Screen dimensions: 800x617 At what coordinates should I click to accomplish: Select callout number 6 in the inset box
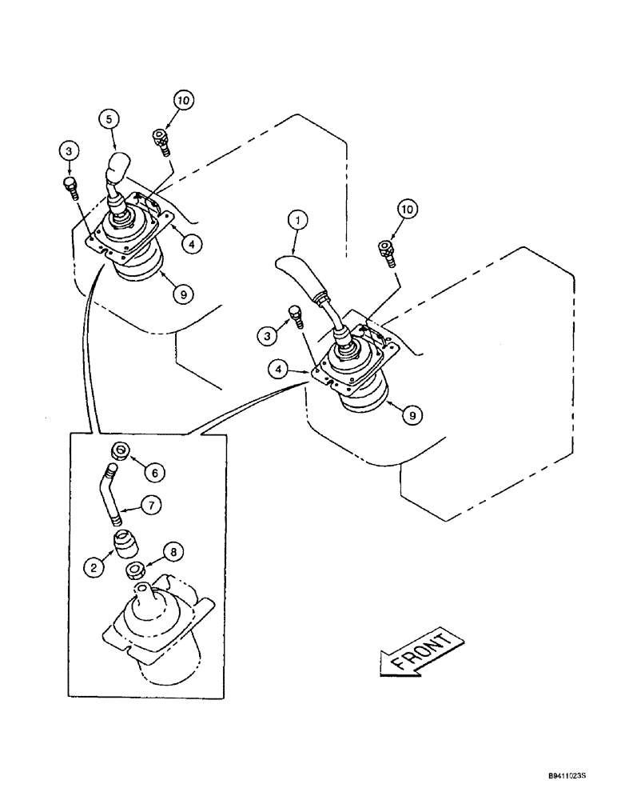point(154,473)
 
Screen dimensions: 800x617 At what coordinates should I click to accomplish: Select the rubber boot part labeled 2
point(123,546)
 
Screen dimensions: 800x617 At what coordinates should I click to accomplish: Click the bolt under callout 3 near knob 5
point(70,187)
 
